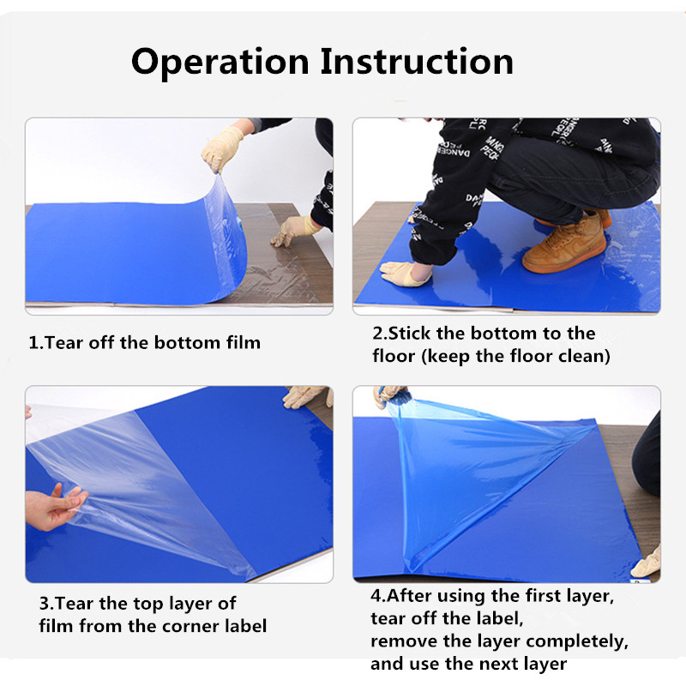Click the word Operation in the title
pyautogui.click(x=220, y=63)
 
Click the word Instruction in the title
pyautogui.click(x=417, y=61)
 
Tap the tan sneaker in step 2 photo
pyautogui.click(x=564, y=244)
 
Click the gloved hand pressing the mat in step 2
pyautogui.click(x=406, y=274)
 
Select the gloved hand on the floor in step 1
pyautogui.click(x=295, y=230)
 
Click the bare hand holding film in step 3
pyautogui.click(x=52, y=508)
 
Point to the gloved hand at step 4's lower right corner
pyautogui.click(x=647, y=563)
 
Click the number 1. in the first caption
pyautogui.click(x=36, y=342)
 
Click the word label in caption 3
pyautogui.click(x=246, y=626)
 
